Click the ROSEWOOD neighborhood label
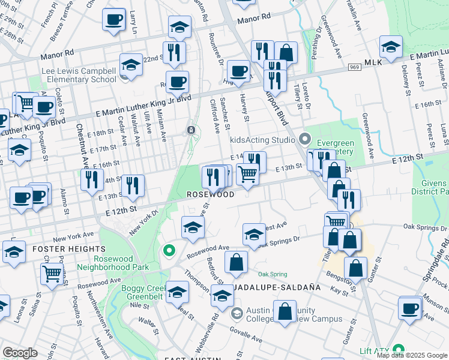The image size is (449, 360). pyautogui.click(x=209, y=195)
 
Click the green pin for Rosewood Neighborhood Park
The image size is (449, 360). pyautogui.click(x=169, y=250)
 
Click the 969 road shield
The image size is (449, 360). pyautogui.click(x=354, y=67)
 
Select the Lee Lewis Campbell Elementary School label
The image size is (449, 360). pyautogui.click(x=79, y=75)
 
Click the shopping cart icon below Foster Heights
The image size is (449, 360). pyautogui.click(x=52, y=273)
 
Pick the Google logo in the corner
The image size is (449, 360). pyautogui.click(x=20, y=353)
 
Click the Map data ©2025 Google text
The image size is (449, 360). pyautogui.click(x=412, y=355)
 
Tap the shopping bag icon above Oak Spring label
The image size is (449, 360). pyautogui.click(x=236, y=262)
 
